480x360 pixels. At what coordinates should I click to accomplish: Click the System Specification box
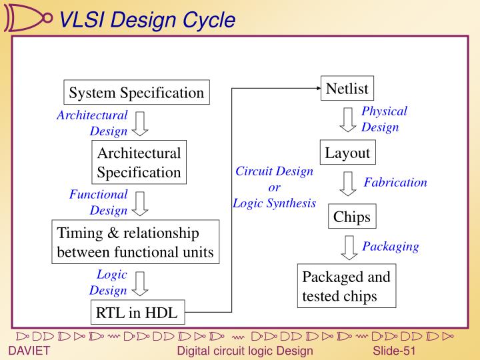click(137, 93)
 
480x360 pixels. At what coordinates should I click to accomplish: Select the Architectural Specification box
click(139, 163)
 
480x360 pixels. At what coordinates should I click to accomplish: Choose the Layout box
click(347, 153)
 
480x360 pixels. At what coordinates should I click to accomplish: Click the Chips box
click(351, 217)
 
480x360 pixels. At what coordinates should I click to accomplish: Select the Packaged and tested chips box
click(346, 287)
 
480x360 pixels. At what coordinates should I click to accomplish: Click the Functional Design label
click(99, 202)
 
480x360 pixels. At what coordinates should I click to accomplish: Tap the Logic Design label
click(108, 282)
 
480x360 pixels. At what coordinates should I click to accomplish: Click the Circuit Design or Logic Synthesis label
click(274, 187)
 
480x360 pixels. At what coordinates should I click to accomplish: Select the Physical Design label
click(383, 119)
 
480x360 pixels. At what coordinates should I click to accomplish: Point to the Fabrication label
click(395, 182)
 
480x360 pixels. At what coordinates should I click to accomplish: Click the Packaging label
click(390, 246)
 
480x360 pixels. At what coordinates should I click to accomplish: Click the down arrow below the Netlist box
click(348, 120)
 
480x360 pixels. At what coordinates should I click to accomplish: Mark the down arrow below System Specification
click(139, 123)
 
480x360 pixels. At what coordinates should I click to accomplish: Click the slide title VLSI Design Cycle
click(147, 21)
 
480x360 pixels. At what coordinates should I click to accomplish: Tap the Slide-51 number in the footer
click(395, 351)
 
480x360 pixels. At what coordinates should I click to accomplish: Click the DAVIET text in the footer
click(29, 351)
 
